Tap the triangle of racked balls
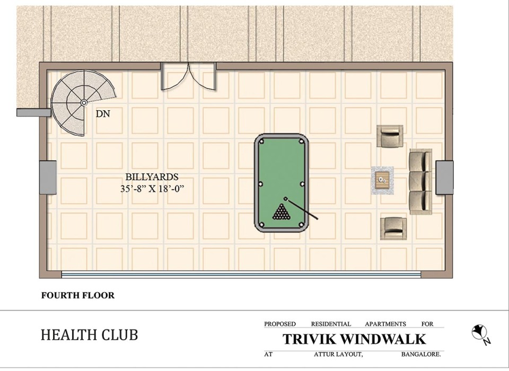click(282, 213)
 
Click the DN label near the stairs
click(103, 113)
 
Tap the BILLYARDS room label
click(152, 177)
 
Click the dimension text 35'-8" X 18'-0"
click(155, 188)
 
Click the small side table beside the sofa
click(382, 180)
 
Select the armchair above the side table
click(390, 136)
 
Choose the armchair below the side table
click(393, 228)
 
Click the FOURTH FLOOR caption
click(78, 296)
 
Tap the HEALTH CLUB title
click(89, 335)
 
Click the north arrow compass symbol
click(479, 332)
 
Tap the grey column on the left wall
click(48, 177)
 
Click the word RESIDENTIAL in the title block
click(331, 324)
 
